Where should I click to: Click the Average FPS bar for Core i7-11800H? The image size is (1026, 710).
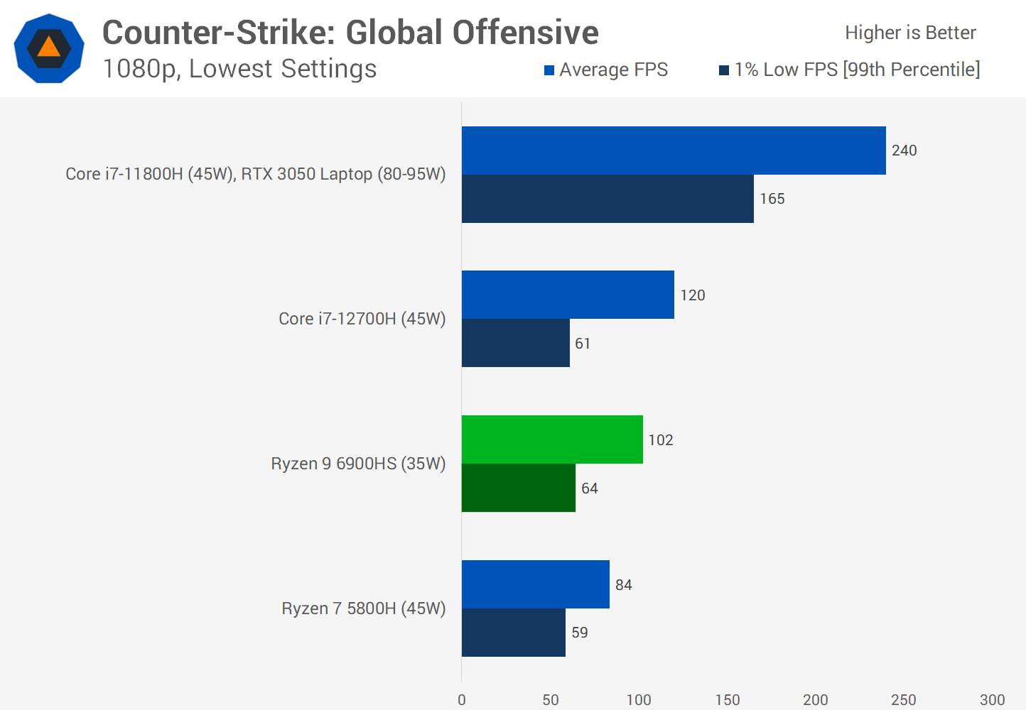pos(674,151)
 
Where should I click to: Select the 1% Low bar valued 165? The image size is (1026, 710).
pos(607,199)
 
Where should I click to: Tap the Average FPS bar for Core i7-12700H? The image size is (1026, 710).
pos(568,295)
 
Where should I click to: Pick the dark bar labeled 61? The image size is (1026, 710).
pos(516,343)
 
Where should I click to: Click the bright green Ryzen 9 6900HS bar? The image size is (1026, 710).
pos(552,439)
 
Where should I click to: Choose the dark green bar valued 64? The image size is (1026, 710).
pos(519,488)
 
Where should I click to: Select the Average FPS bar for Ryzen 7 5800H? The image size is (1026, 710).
pos(536,584)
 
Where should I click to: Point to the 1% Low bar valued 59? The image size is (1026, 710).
pos(514,633)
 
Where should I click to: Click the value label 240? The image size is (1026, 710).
pos(904,151)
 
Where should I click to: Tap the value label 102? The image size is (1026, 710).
pos(661,440)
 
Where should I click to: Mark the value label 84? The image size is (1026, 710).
pos(624,585)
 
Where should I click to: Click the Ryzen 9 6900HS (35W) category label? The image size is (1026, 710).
pos(358,464)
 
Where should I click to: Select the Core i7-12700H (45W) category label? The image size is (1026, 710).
pos(362,319)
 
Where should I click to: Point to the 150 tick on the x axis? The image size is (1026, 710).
pos(728,700)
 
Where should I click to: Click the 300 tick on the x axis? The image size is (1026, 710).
pos(992,700)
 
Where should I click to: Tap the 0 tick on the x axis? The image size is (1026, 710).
pos(462,700)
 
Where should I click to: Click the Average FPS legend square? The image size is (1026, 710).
pos(549,70)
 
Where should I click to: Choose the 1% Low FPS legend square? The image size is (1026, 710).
pos(724,70)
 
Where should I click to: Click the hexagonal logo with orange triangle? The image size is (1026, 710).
pos(49,48)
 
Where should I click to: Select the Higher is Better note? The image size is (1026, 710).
pos(910,33)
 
